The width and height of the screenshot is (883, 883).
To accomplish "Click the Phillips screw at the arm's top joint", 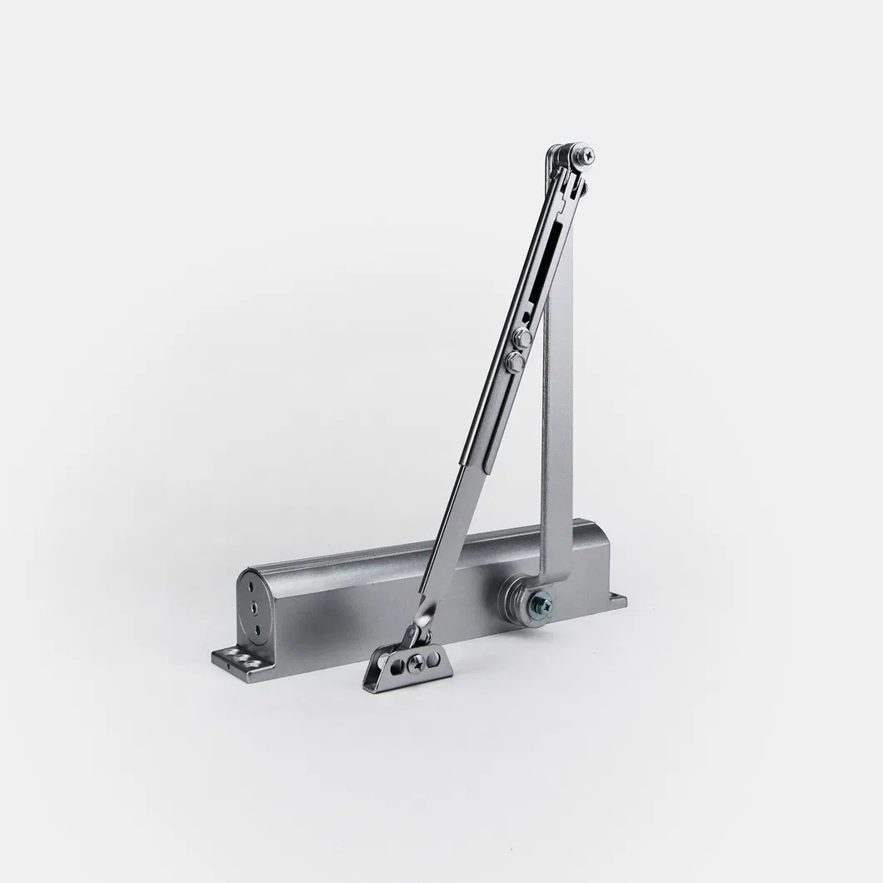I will (x=588, y=153).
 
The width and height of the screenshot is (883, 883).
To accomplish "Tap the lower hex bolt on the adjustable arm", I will (x=514, y=361).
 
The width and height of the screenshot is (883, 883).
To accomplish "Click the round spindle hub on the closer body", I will (x=521, y=599).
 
